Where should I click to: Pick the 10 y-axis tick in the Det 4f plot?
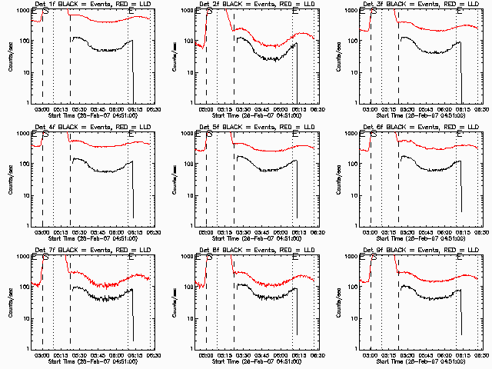pyautogui.click(x=25, y=195)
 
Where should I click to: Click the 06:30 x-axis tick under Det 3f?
pyautogui.click(x=483, y=109)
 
